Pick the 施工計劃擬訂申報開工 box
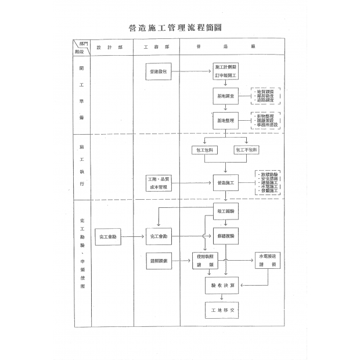(x=225, y=71)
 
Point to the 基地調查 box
(x=225, y=96)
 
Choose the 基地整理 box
(x=225, y=120)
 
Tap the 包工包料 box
(x=204, y=150)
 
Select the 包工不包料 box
(x=247, y=150)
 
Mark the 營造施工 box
(x=225, y=183)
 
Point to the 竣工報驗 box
(x=225, y=211)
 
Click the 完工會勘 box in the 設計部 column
(x=108, y=236)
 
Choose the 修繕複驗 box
(x=225, y=236)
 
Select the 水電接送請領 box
(x=268, y=260)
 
